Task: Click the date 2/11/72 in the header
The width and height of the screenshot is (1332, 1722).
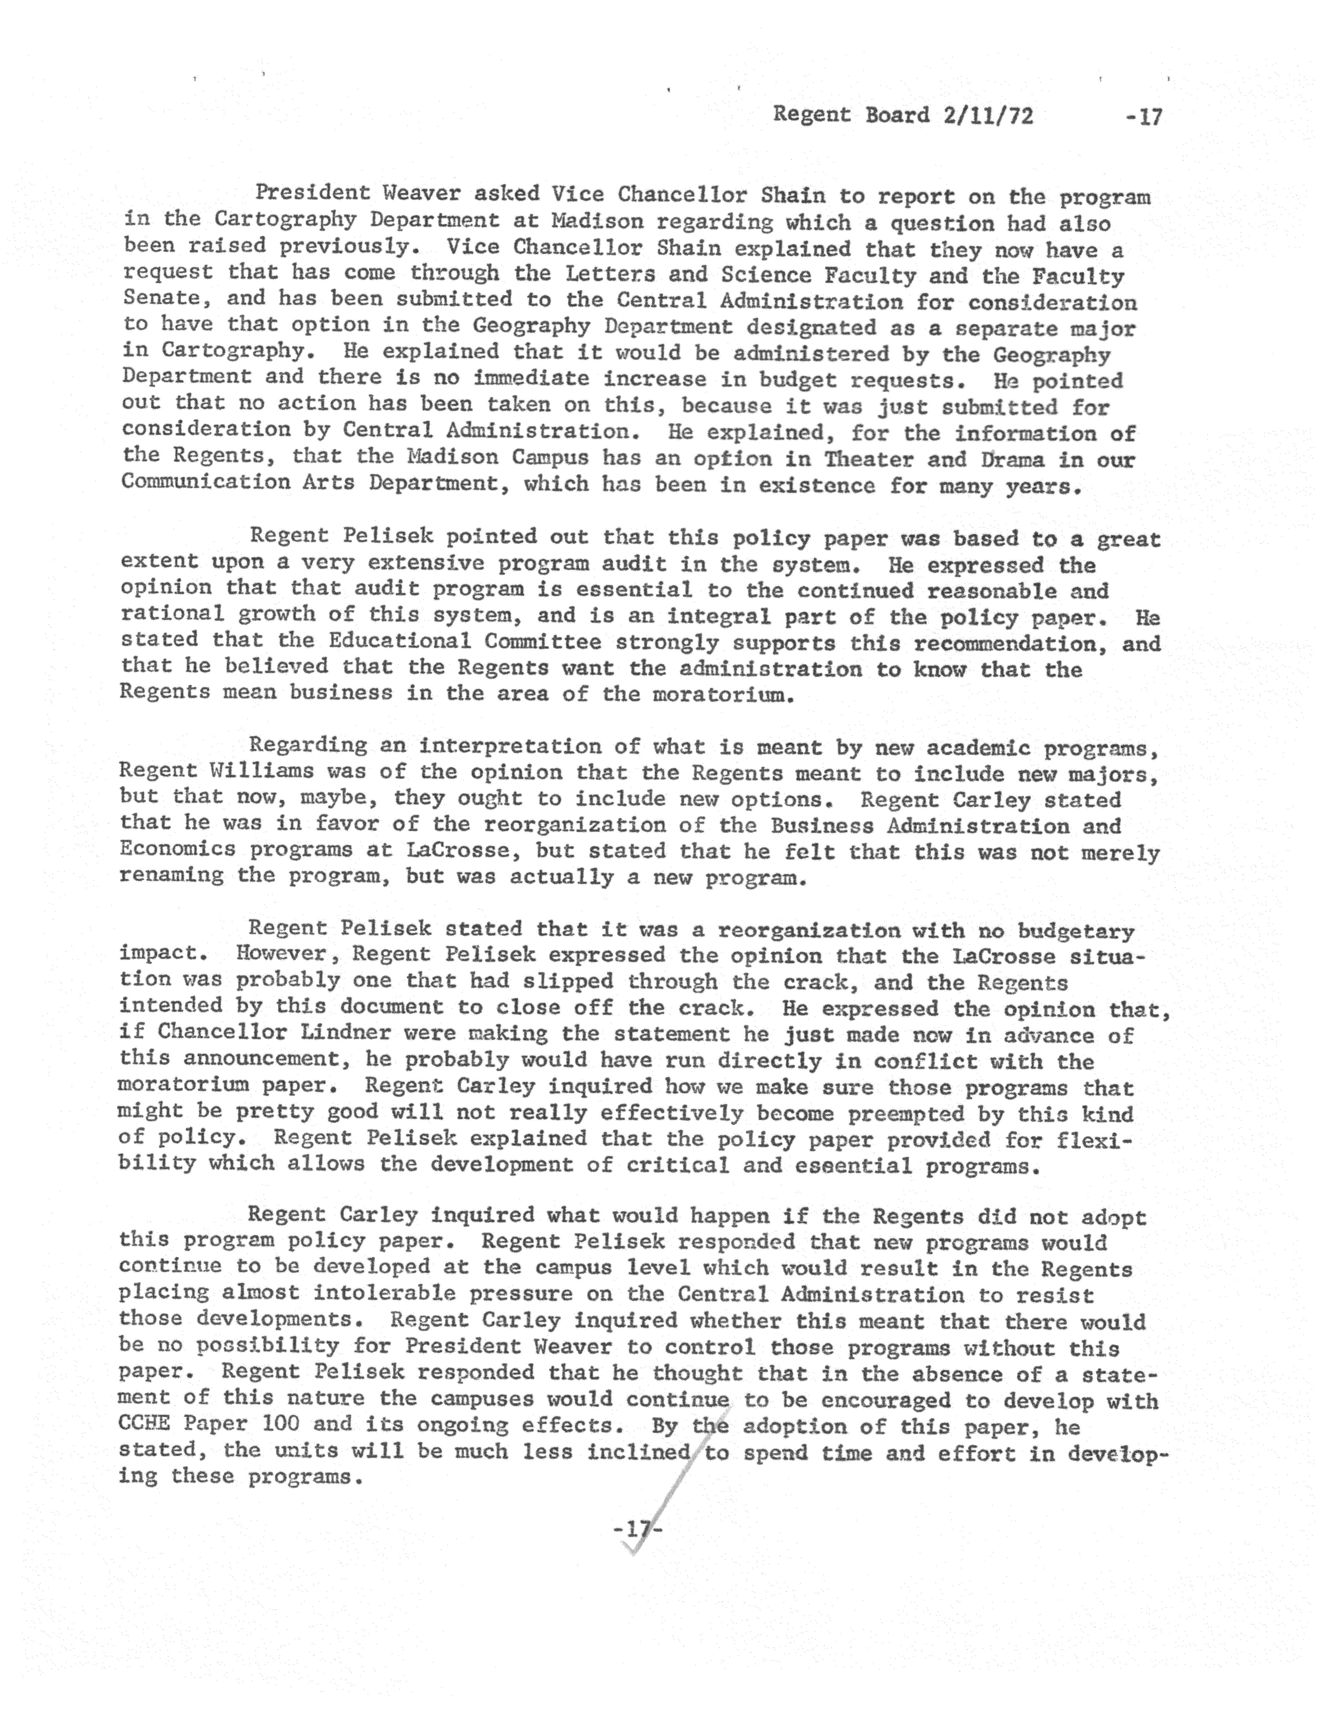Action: tap(986, 116)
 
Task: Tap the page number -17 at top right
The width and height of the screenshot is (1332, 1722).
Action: tap(1144, 117)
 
